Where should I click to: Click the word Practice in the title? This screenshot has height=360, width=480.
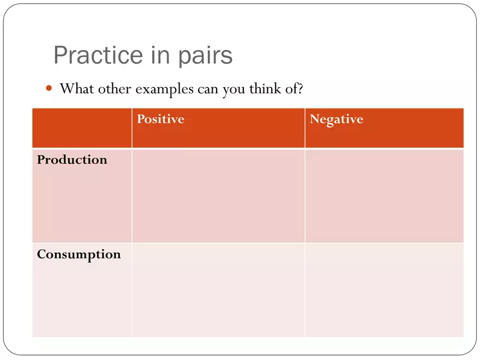(x=98, y=55)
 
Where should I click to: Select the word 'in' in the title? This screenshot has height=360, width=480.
(x=160, y=55)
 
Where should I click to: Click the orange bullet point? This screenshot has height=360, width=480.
(x=49, y=88)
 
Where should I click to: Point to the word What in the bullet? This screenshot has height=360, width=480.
(x=77, y=88)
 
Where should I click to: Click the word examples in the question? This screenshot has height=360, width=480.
(x=164, y=89)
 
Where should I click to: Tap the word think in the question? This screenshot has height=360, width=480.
(x=265, y=88)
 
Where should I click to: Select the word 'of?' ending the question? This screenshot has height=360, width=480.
(x=294, y=88)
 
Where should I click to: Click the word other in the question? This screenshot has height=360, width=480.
(x=115, y=88)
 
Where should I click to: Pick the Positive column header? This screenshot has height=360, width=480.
(x=161, y=119)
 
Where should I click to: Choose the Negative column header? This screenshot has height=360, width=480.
(x=337, y=119)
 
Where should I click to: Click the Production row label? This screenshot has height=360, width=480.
(x=72, y=159)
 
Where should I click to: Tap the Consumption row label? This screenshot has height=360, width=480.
(x=79, y=255)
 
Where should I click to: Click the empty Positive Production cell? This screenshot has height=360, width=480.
(x=218, y=196)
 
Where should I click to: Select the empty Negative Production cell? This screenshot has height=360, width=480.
(x=384, y=196)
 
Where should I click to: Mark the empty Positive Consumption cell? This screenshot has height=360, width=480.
(x=218, y=290)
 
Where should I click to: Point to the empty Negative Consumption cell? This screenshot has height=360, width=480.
(x=384, y=290)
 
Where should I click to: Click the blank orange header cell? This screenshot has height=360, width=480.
(x=82, y=128)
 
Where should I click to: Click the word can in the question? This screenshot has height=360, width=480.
(x=208, y=89)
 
